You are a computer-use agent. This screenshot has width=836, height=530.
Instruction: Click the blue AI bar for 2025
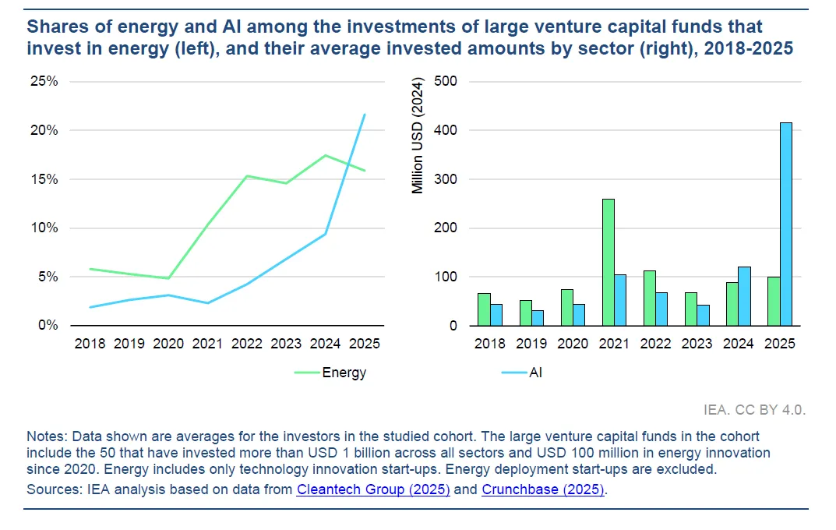[785, 224]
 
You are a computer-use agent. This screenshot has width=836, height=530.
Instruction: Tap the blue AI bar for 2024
[744, 296]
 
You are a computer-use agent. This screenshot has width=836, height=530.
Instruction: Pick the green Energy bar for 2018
[484, 309]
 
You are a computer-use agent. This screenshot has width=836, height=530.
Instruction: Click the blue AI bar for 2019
[538, 318]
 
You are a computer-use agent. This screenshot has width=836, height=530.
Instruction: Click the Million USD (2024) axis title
[418, 137]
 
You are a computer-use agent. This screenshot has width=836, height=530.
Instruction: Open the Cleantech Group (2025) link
[373, 490]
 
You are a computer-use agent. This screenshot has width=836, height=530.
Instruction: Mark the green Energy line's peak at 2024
[325, 155]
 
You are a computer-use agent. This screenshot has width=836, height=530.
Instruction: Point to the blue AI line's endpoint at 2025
[365, 115]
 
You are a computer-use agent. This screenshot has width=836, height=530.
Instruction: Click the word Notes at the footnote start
[44, 436]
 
